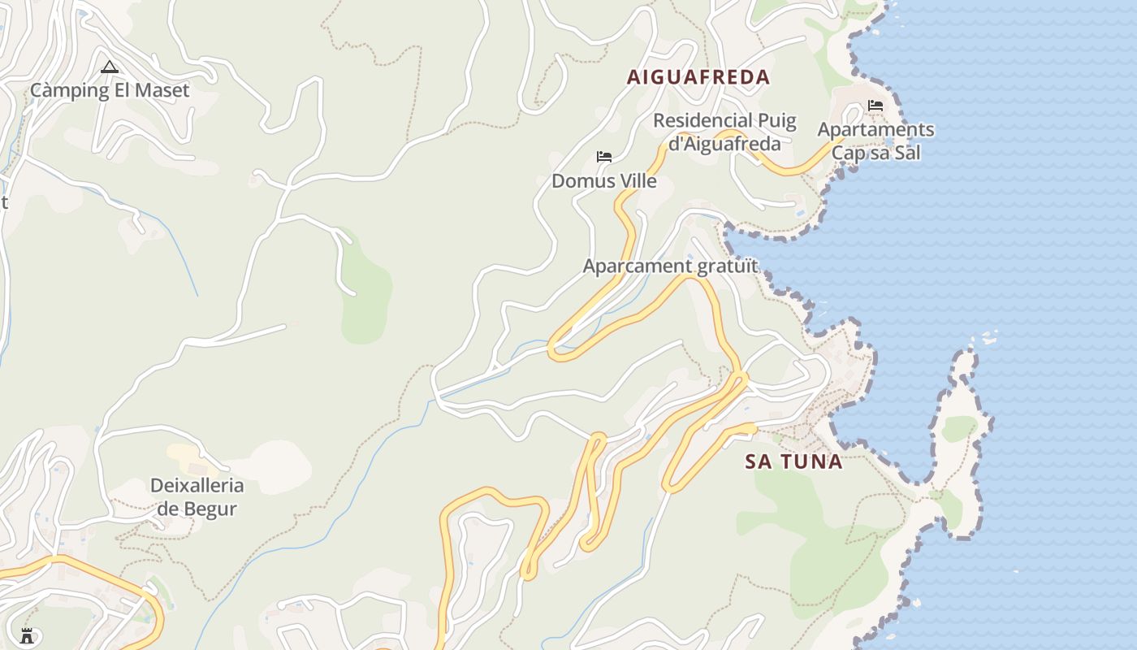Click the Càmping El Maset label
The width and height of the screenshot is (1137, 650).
tap(110, 90)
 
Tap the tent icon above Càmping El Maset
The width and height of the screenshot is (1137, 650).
tap(110, 67)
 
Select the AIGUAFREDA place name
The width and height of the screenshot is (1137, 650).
tap(698, 77)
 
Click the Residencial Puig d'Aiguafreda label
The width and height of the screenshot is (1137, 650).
tap(724, 132)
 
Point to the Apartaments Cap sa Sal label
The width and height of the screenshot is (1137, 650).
tap(875, 141)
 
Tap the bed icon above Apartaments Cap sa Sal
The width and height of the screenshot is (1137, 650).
tap(875, 106)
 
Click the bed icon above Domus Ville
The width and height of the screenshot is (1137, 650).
tap(604, 157)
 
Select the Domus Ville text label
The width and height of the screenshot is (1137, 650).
tap(604, 180)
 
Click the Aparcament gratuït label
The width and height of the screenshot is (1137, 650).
tap(670, 266)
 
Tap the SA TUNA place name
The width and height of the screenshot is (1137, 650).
tap(793, 461)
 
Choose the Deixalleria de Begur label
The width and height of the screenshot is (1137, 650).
tap(197, 497)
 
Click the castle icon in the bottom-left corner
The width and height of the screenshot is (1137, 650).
tap(27, 635)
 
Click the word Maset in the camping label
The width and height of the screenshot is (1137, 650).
tap(163, 90)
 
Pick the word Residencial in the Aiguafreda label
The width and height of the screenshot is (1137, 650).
tap(692, 120)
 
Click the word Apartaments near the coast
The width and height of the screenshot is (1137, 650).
tap(875, 129)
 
